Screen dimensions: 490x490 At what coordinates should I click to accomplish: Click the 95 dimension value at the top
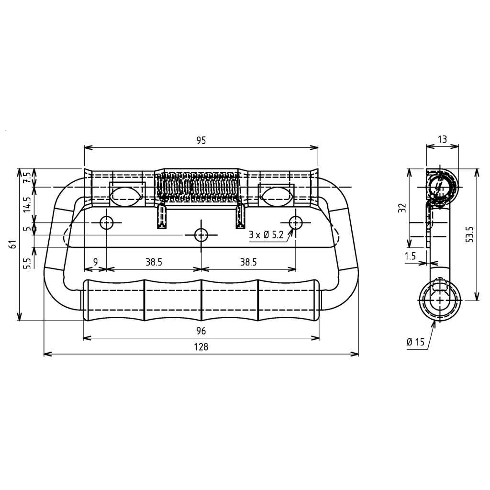pos(201,140)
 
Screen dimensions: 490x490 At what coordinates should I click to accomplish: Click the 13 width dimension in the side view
pos(442,139)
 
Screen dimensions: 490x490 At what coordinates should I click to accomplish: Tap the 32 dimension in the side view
pos(402,207)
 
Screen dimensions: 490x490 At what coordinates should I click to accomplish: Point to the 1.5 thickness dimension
pos(410,256)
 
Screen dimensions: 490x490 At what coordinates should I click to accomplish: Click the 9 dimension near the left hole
pos(95,262)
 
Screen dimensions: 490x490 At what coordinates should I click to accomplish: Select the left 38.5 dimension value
pos(154,262)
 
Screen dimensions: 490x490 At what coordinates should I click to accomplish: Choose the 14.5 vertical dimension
pos(27,204)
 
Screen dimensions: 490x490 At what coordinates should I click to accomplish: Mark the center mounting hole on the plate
pos(201,234)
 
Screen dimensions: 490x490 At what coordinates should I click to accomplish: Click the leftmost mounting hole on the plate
pos(106,222)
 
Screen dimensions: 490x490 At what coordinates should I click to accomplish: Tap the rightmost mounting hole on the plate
pos(296,222)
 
